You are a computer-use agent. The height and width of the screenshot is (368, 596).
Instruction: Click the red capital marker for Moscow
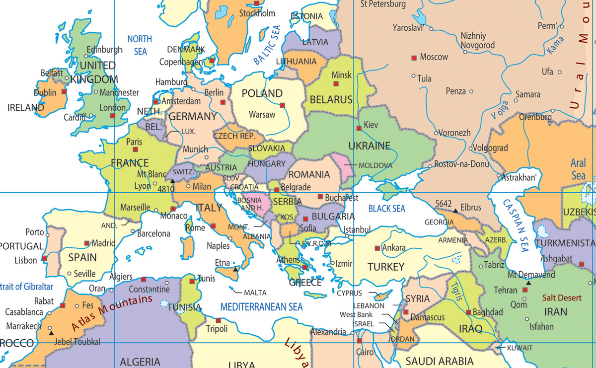tap(414, 58)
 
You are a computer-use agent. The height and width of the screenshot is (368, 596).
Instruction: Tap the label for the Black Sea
tap(386, 209)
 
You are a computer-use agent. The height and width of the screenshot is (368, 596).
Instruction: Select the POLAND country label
tap(262, 93)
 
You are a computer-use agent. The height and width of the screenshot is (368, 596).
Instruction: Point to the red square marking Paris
tap(135, 149)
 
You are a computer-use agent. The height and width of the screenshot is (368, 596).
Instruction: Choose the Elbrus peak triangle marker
tap(455, 211)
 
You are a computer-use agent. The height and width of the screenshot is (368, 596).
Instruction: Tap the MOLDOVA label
tap(375, 165)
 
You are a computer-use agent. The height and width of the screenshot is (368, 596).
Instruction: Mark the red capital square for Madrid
tap(87, 243)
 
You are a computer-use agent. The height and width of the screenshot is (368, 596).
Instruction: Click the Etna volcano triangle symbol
tap(235, 269)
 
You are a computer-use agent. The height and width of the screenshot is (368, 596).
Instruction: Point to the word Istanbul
tap(357, 229)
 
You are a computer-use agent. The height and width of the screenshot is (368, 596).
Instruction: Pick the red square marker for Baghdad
tap(468, 312)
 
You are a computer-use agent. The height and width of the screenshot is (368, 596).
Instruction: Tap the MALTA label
tap(255, 293)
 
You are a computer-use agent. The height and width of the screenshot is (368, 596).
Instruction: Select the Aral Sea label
tap(578, 169)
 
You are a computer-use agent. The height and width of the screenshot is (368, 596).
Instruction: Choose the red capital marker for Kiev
tap(359, 128)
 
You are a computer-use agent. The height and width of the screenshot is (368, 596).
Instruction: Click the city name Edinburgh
tap(104, 50)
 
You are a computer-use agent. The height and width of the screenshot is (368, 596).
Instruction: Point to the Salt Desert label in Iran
tap(562, 298)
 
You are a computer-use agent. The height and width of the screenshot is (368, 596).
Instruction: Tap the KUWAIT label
tap(519, 348)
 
